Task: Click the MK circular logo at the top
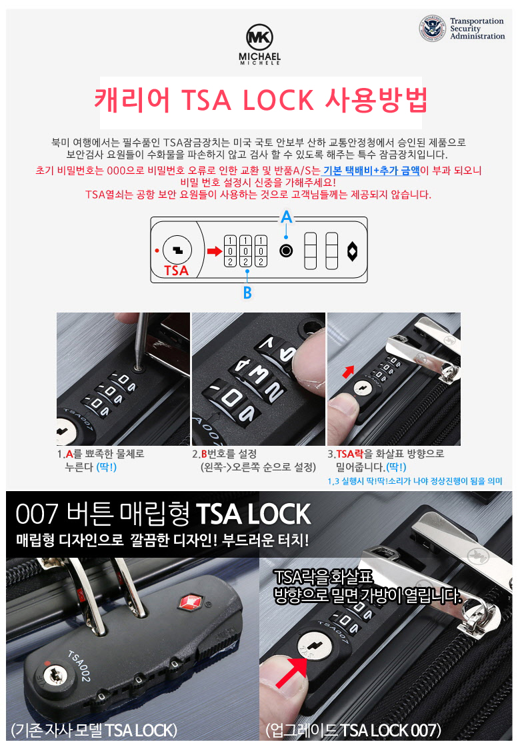point(259,37)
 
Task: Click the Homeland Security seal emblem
point(433,29)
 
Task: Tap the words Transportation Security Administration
point(477,29)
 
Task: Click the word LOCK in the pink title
point(278,100)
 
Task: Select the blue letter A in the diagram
point(287,217)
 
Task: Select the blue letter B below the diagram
point(247,293)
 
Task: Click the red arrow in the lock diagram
point(214,251)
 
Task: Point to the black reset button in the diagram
point(286,251)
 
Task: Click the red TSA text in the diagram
point(176,271)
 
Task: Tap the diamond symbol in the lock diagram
point(352,251)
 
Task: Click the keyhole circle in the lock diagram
point(177,250)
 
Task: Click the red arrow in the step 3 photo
point(348,371)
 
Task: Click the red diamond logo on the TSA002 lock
point(190,602)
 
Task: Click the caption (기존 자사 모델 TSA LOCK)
point(93,729)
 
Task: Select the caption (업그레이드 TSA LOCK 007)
point(353,729)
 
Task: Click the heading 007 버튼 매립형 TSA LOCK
point(163,514)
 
